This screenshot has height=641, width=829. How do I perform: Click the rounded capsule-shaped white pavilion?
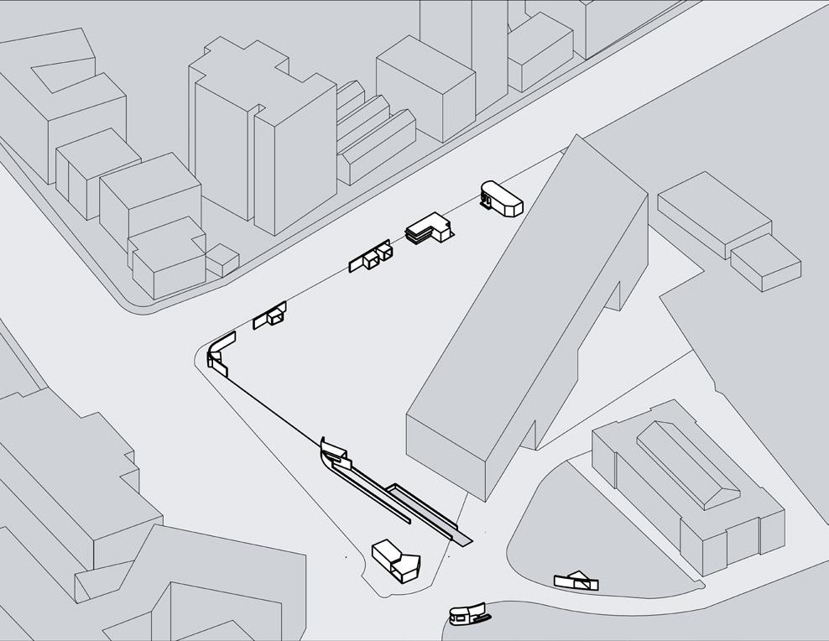tap(502, 198)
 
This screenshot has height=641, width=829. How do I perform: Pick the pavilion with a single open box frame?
tap(271, 315)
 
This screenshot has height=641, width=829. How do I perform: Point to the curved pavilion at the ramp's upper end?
tap(335, 454)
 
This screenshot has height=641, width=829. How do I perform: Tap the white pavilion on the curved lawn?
tap(576, 579)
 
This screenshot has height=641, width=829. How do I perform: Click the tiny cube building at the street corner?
tap(222, 260)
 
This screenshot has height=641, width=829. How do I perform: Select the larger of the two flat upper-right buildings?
tap(713, 214)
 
